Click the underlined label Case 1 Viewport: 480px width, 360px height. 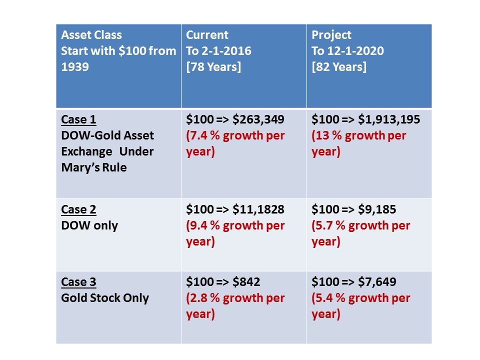[78, 119]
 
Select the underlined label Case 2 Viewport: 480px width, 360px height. [78, 209]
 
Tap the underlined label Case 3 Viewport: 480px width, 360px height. [78, 282]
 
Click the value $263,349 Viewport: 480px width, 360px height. [258, 119]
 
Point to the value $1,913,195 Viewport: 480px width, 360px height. [389, 119]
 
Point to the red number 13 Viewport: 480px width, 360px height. [321, 135]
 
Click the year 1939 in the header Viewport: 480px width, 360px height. [75, 66]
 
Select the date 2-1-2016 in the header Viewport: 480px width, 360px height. [226, 50]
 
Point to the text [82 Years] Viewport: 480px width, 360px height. [339, 66]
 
